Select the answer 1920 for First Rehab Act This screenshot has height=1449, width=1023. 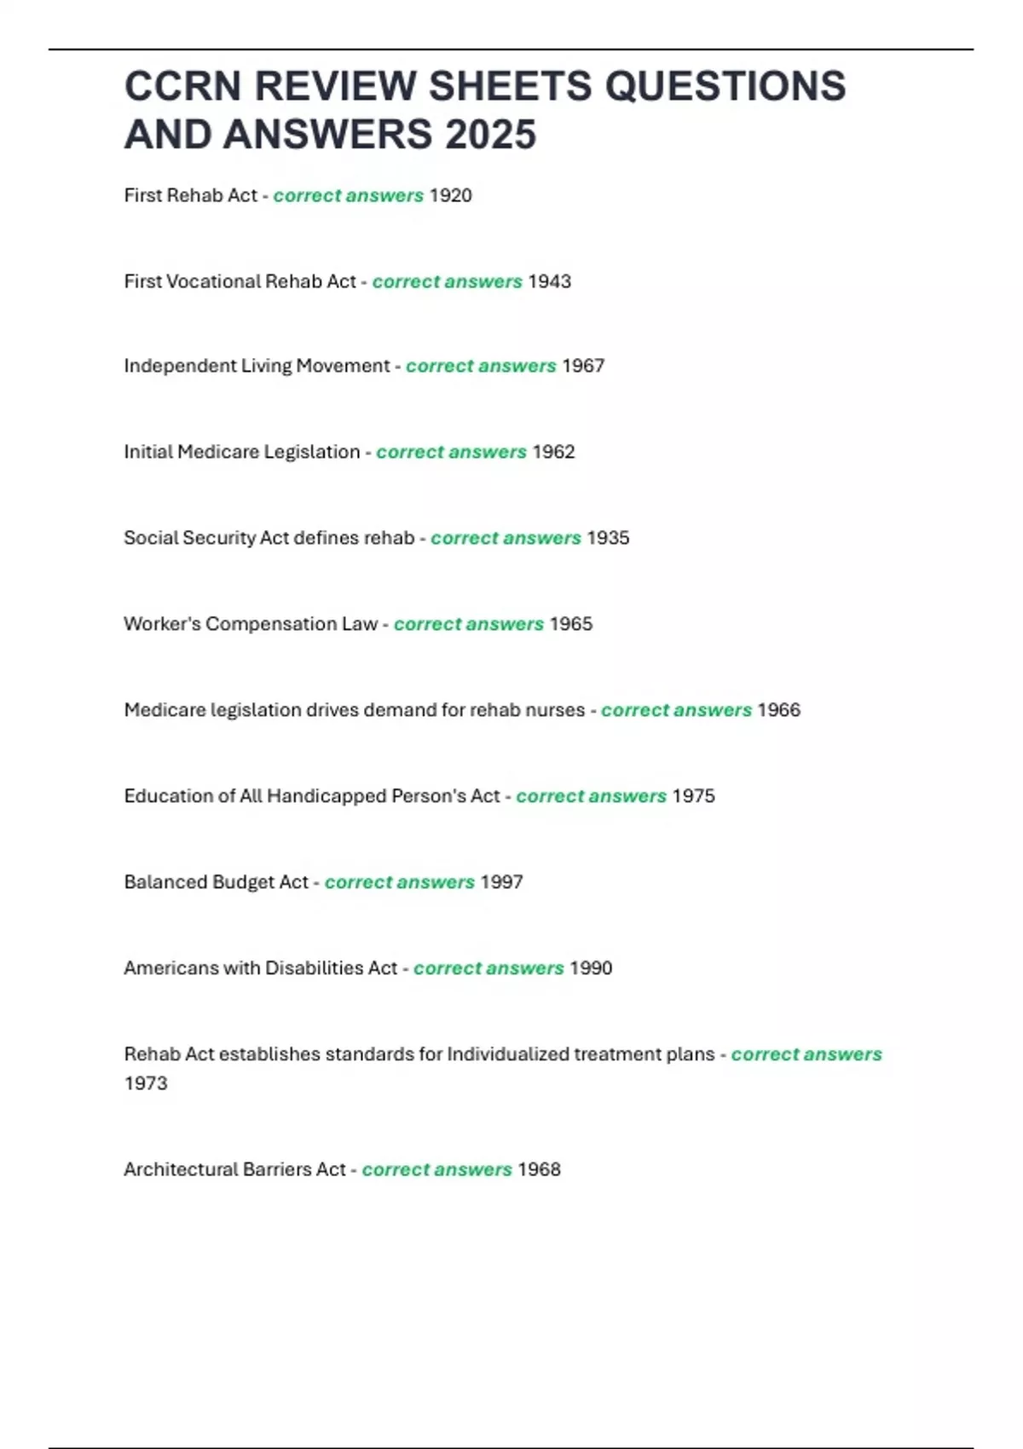coord(450,195)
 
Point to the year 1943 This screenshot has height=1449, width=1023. coord(549,281)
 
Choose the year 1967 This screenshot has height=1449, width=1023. coord(583,366)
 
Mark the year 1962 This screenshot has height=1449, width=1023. coord(553,452)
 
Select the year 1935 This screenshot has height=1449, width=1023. coord(608,538)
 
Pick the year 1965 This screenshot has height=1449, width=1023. coord(570,624)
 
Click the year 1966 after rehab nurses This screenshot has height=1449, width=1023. coord(778,710)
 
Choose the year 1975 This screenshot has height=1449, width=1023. coord(693,796)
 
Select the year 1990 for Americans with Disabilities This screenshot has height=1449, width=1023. coord(590,968)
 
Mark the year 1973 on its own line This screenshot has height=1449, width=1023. coord(146,1083)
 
